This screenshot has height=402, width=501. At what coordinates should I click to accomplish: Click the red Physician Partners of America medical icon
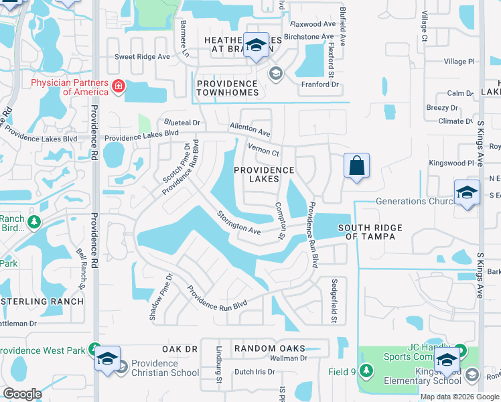point(119,86)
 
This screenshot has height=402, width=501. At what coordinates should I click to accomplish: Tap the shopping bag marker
point(356,165)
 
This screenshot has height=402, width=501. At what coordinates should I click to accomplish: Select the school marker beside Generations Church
point(467,192)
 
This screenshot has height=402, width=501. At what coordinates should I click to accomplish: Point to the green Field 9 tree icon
point(366,371)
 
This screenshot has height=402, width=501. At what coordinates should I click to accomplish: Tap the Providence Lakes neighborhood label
point(265,174)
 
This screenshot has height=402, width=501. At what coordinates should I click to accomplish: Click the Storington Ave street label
point(238,223)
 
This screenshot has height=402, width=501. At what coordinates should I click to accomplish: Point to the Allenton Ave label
point(250,129)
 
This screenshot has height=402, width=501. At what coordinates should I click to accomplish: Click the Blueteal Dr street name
point(182,123)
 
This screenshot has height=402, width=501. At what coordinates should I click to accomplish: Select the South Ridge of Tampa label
point(370,232)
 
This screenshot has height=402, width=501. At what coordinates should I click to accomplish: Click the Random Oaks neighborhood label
point(269,348)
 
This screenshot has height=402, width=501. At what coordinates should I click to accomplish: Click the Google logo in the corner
point(22,394)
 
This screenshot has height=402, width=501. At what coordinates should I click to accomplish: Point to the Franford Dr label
point(319,84)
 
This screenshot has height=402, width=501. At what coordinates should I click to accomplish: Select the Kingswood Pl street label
point(451,163)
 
